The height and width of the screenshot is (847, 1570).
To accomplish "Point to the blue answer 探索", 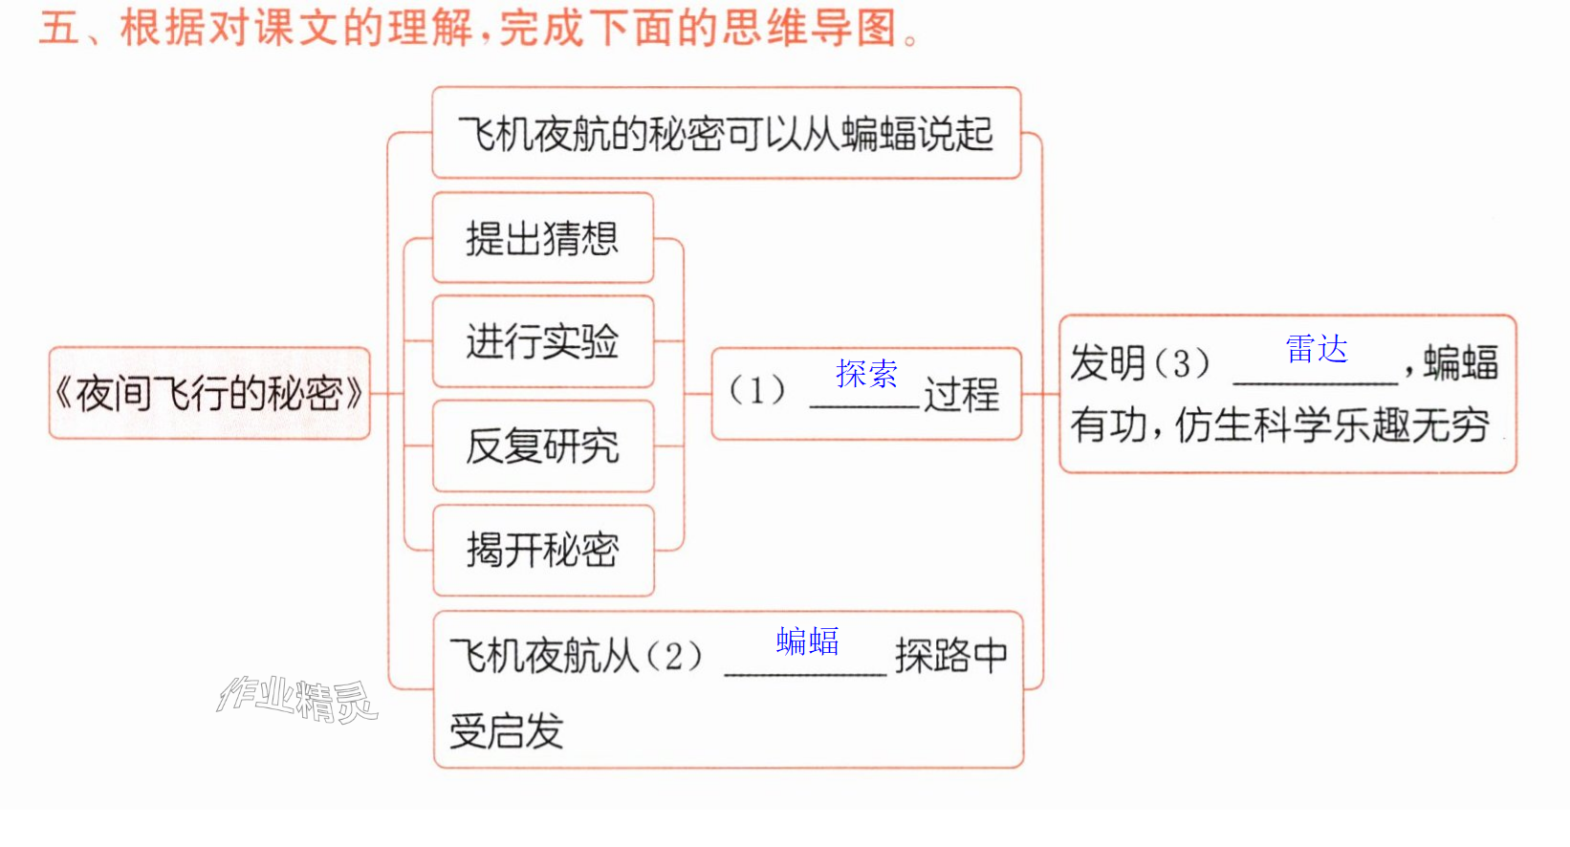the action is click(866, 374).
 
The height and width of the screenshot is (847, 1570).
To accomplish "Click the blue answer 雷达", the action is click(1317, 349).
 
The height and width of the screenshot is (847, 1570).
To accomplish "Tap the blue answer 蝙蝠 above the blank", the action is click(807, 641).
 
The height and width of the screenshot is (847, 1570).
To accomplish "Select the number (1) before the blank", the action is click(757, 390).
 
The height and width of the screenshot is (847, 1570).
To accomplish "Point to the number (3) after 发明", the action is click(1182, 363).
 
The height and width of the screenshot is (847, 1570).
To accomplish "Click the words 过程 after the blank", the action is click(962, 394).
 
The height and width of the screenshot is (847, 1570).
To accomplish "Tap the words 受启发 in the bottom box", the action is click(506, 731).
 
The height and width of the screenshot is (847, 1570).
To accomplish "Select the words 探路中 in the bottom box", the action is click(951, 657).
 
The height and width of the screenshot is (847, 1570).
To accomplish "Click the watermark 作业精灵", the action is click(297, 699).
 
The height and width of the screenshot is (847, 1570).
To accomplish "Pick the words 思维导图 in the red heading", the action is click(810, 29).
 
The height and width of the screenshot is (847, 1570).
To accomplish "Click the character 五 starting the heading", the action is click(59, 29).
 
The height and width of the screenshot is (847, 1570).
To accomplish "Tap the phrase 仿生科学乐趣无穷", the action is click(1332, 425).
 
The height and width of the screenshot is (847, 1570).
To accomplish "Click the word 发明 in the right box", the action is click(1109, 363).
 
